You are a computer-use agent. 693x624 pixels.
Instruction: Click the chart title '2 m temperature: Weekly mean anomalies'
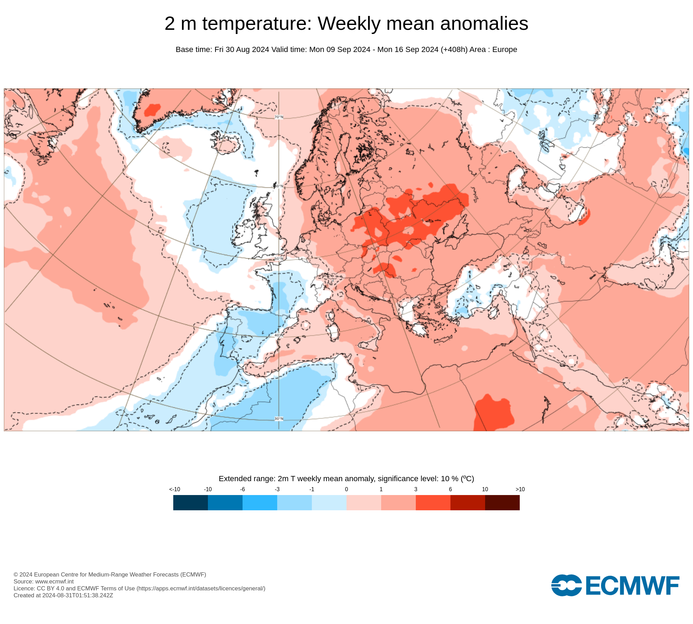(x=346, y=24)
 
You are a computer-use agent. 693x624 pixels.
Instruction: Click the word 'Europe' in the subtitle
(x=505, y=50)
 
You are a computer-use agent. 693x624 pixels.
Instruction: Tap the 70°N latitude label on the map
(x=279, y=117)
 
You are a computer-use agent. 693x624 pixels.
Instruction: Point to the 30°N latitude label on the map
(x=279, y=419)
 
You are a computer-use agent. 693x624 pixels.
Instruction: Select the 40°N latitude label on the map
(x=279, y=335)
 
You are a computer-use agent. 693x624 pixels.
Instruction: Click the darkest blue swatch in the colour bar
(x=191, y=502)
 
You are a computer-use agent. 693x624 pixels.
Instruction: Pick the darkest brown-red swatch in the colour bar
(x=502, y=502)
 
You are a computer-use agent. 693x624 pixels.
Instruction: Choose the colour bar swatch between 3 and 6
(x=433, y=502)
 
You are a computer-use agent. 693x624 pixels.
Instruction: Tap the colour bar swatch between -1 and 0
(x=329, y=502)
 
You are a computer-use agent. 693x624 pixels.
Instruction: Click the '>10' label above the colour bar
(x=520, y=489)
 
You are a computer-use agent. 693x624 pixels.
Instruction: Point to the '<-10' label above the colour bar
(x=175, y=489)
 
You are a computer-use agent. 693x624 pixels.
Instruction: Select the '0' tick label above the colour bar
(x=346, y=489)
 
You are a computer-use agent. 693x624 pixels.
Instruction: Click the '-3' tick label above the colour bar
(x=277, y=489)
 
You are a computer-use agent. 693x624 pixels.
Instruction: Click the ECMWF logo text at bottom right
(x=632, y=586)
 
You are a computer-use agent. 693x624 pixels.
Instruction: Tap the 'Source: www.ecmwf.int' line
(x=44, y=581)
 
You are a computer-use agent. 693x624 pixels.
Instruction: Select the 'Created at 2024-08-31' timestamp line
(x=63, y=595)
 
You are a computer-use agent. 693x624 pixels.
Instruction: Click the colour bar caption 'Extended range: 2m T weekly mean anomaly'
(x=346, y=479)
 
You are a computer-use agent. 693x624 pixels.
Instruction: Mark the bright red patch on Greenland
(x=152, y=110)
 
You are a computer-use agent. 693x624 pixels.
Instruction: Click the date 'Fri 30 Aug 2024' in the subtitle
(x=242, y=50)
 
